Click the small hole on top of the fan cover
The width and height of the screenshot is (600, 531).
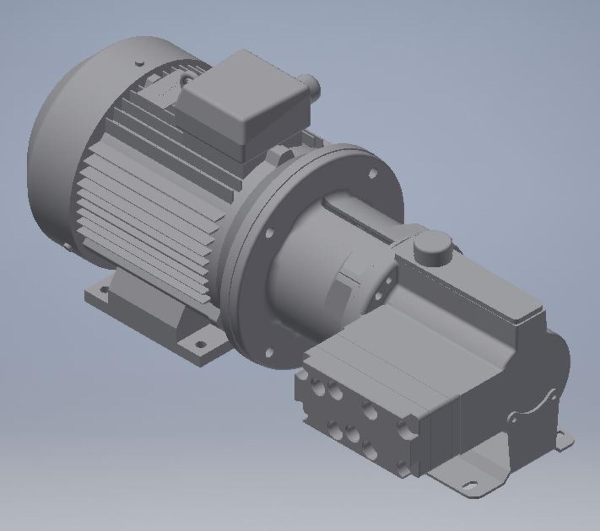tap(139, 63)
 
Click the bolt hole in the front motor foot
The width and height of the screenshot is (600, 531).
tap(198, 344)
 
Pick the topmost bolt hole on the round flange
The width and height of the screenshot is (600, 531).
tap(372, 173)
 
